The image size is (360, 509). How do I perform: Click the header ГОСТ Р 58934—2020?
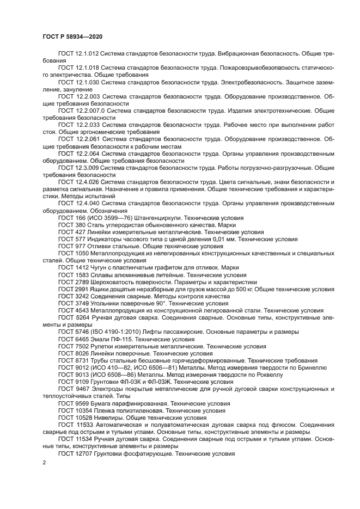point(72,36)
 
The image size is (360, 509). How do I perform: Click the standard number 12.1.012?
point(86,54)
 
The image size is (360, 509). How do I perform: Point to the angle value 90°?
point(161,303)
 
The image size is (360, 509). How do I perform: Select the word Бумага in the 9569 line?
point(101,403)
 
